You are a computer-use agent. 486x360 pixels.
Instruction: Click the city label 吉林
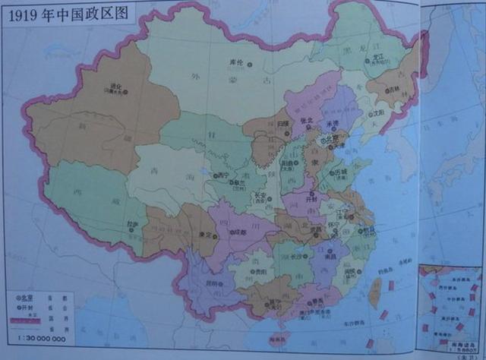(x=393, y=89)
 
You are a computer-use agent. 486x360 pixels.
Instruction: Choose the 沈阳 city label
(x=374, y=113)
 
